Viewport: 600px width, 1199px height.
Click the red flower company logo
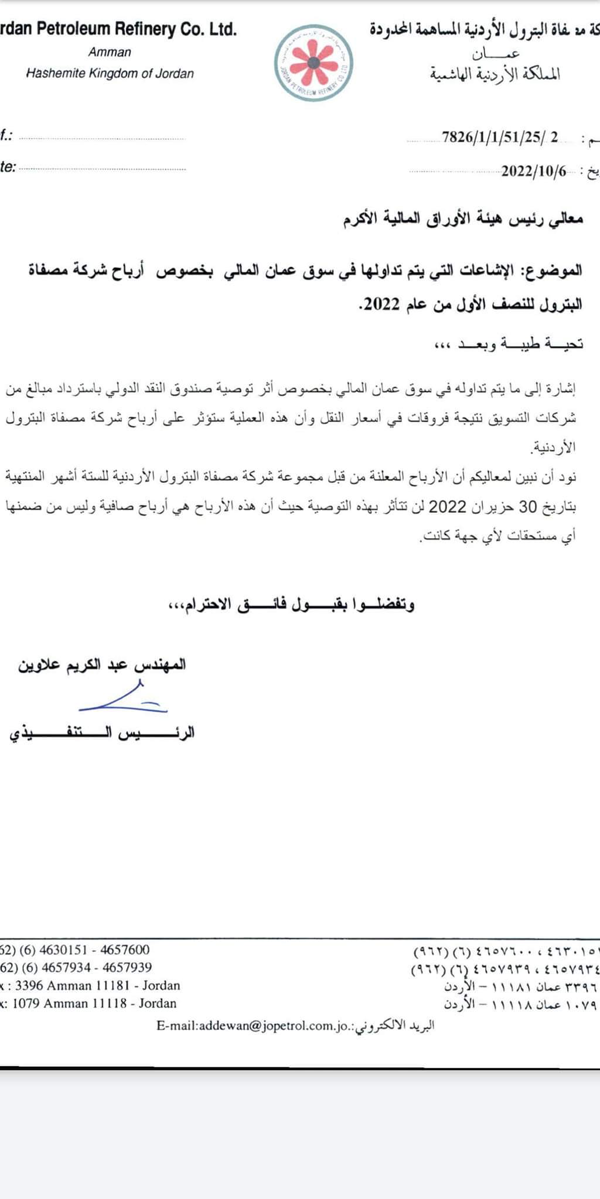pos(315,63)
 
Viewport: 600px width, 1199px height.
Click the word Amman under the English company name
pos(110,52)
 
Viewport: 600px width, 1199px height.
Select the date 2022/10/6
pos(534,171)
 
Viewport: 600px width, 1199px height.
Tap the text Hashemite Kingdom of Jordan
pos(110,74)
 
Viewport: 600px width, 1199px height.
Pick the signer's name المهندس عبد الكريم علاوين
pos(102,665)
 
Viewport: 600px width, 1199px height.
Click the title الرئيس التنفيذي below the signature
pos(102,734)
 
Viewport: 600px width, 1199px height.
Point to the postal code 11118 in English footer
pos(108,1003)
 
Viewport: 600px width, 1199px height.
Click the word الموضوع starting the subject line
pos(557,270)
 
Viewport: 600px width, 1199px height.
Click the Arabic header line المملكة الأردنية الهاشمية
pos(495,74)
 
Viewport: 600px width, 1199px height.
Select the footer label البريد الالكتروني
pos(396,1026)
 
